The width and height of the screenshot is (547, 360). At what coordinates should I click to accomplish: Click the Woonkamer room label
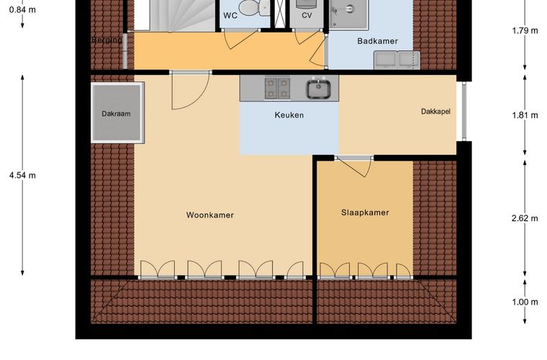click(209, 215)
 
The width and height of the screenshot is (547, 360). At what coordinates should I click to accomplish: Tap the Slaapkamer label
click(365, 213)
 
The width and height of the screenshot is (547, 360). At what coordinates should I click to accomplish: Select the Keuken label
click(289, 115)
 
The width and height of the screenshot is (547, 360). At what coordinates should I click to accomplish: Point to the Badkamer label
click(377, 41)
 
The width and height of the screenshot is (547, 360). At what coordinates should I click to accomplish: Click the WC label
click(230, 15)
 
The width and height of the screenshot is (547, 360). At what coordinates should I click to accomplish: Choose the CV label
click(307, 15)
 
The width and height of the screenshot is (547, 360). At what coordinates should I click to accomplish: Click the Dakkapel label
click(435, 112)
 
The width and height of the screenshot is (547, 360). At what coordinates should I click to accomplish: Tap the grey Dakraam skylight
click(117, 112)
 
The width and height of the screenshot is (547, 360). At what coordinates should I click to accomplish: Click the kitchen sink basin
click(319, 89)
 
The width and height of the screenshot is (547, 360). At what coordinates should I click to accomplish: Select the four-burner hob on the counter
click(277, 88)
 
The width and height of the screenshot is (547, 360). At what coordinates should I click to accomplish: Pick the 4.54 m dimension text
click(23, 176)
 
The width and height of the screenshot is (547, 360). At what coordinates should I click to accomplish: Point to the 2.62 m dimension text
click(525, 218)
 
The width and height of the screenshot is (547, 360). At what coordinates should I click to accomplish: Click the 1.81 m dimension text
click(525, 115)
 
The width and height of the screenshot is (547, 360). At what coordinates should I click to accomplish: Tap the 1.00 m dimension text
click(525, 302)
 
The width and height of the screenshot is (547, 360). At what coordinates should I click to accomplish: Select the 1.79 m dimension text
click(525, 31)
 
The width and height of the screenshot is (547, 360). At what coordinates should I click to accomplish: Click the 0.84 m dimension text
click(23, 10)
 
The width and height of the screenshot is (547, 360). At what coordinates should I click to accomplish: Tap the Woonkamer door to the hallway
click(191, 91)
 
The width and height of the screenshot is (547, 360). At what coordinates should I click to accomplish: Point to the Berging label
click(107, 40)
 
